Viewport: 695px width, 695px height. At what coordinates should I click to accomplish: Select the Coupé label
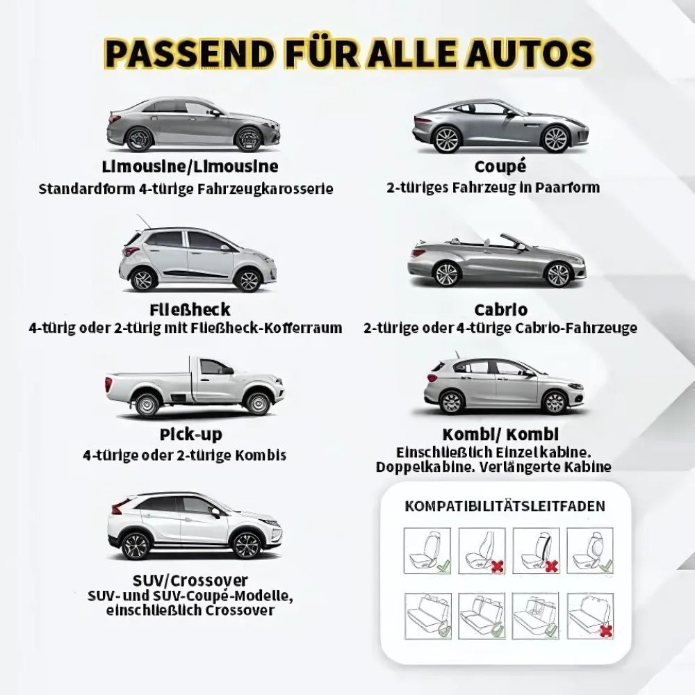click(500, 167)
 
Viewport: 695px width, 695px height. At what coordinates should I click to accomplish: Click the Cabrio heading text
click(500, 309)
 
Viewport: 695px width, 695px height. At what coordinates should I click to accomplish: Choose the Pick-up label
click(190, 435)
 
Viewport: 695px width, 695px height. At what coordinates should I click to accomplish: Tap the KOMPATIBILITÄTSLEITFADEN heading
click(505, 506)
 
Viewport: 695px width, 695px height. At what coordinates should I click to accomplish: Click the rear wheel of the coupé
click(447, 139)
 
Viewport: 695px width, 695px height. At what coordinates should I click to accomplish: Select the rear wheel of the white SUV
click(136, 544)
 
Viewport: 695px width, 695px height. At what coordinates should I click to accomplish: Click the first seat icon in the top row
click(427, 550)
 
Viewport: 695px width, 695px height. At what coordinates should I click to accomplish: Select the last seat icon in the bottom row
click(591, 616)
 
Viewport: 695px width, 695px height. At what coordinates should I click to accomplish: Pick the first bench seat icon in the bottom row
click(427, 616)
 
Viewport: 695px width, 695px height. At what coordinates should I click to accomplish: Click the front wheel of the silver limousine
click(250, 139)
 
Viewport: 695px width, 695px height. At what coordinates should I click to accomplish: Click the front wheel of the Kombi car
click(554, 401)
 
